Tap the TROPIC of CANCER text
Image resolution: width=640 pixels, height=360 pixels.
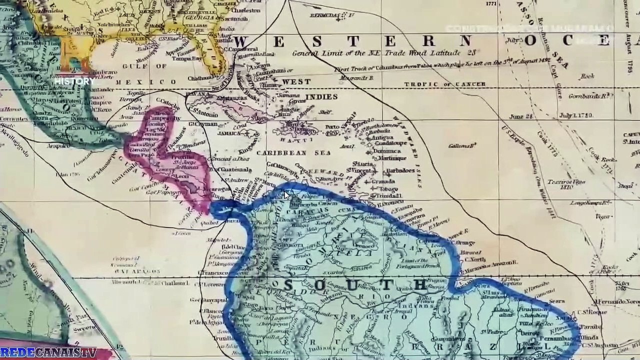(444, 84)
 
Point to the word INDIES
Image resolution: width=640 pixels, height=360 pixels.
(321, 96)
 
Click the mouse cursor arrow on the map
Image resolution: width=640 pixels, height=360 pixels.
(286, 194)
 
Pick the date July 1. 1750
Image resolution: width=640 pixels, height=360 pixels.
(576, 115)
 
